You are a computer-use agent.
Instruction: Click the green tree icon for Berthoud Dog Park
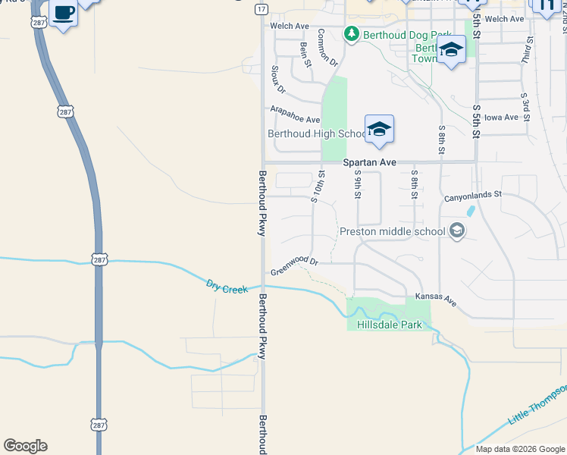pos(351,33)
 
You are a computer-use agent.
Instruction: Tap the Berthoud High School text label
pos(317,134)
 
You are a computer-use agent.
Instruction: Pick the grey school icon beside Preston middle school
pos(456,230)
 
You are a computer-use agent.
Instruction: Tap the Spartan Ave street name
pos(370,162)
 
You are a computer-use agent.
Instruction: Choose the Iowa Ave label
pos(501,118)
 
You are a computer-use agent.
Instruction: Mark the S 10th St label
pos(317,187)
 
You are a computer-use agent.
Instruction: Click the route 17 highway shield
pos(261,8)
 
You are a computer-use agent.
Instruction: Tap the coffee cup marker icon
pos(64,14)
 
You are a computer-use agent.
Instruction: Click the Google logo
pos(25,446)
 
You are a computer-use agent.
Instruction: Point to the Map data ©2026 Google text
pos(519,449)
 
